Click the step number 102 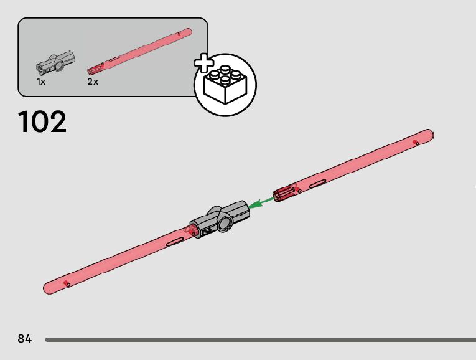pos(42,121)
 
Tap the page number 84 pos(25,339)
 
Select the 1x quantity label pos(40,82)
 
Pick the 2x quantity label pos(93,82)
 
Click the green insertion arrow pos(261,202)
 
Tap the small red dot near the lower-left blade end pos(67,284)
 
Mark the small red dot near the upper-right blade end pos(416,143)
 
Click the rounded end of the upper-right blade pos(429,135)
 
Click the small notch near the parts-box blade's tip pos(179,31)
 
